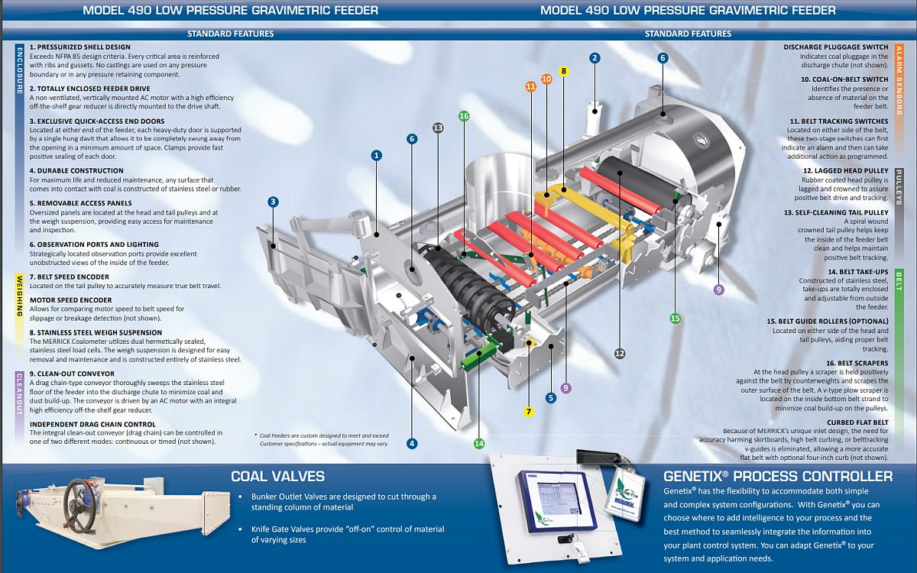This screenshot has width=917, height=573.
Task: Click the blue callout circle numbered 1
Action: click(x=376, y=155)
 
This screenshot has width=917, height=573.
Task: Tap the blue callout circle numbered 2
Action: click(x=595, y=57)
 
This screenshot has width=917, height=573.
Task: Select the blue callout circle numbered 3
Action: click(x=273, y=202)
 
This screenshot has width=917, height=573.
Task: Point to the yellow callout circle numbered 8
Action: click(x=564, y=71)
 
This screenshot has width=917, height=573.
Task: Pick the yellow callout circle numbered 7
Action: click(x=529, y=412)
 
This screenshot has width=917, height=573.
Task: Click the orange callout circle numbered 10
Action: click(x=546, y=79)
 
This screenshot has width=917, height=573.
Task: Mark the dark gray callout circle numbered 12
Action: click(x=620, y=353)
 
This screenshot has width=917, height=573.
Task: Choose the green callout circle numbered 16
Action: click(x=464, y=116)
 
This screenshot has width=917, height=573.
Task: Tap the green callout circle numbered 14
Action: click(x=479, y=443)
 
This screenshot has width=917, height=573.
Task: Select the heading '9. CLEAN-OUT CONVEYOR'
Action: click(x=72, y=374)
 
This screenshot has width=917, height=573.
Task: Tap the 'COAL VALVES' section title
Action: click(x=277, y=477)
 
